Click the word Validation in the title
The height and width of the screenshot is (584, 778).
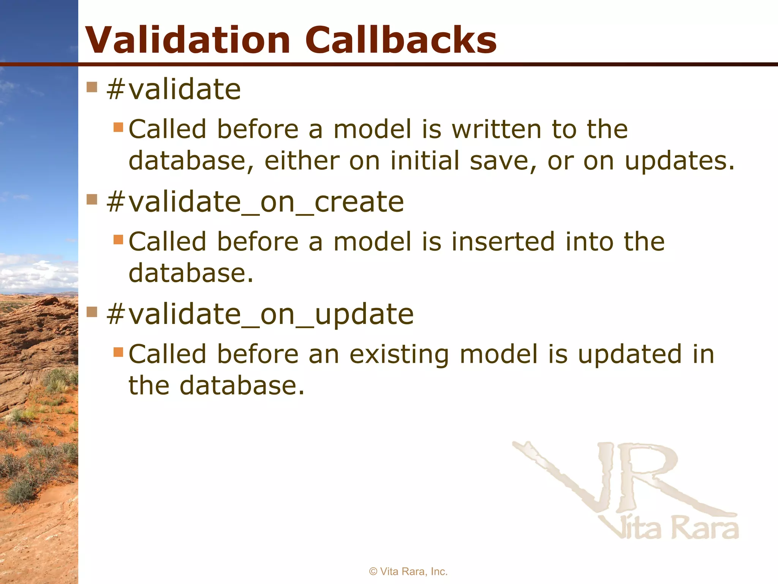point(188,40)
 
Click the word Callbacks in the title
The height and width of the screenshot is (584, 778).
point(401,40)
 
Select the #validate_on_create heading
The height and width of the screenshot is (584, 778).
point(255,202)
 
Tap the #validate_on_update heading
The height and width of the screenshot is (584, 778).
point(260,315)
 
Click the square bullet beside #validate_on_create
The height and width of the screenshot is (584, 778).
point(92,199)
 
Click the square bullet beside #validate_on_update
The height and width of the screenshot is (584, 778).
point(92,312)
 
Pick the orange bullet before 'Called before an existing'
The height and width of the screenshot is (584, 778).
point(119,352)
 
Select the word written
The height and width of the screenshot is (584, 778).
point(497,129)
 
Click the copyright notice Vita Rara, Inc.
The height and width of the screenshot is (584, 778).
point(408,571)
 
